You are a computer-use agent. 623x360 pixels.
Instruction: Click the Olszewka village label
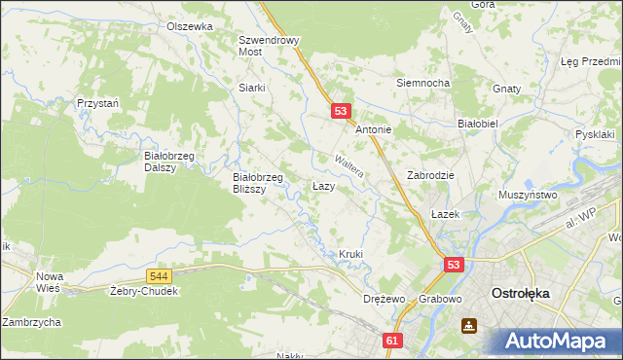click(x=189, y=26)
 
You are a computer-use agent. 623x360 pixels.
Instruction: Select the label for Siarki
click(x=252, y=87)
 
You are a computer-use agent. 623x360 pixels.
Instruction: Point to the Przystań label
click(x=98, y=102)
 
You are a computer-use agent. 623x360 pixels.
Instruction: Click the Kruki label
click(x=350, y=254)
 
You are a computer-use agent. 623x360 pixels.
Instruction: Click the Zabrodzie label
click(x=432, y=176)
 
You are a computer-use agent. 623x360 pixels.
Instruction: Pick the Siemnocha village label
click(x=422, y=83)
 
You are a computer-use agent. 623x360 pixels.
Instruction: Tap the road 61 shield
click(x=392, y=341)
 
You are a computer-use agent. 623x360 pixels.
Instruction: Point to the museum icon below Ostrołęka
click(x=470, y=326)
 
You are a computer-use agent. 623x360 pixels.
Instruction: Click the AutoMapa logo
click(x=557, y=342)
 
